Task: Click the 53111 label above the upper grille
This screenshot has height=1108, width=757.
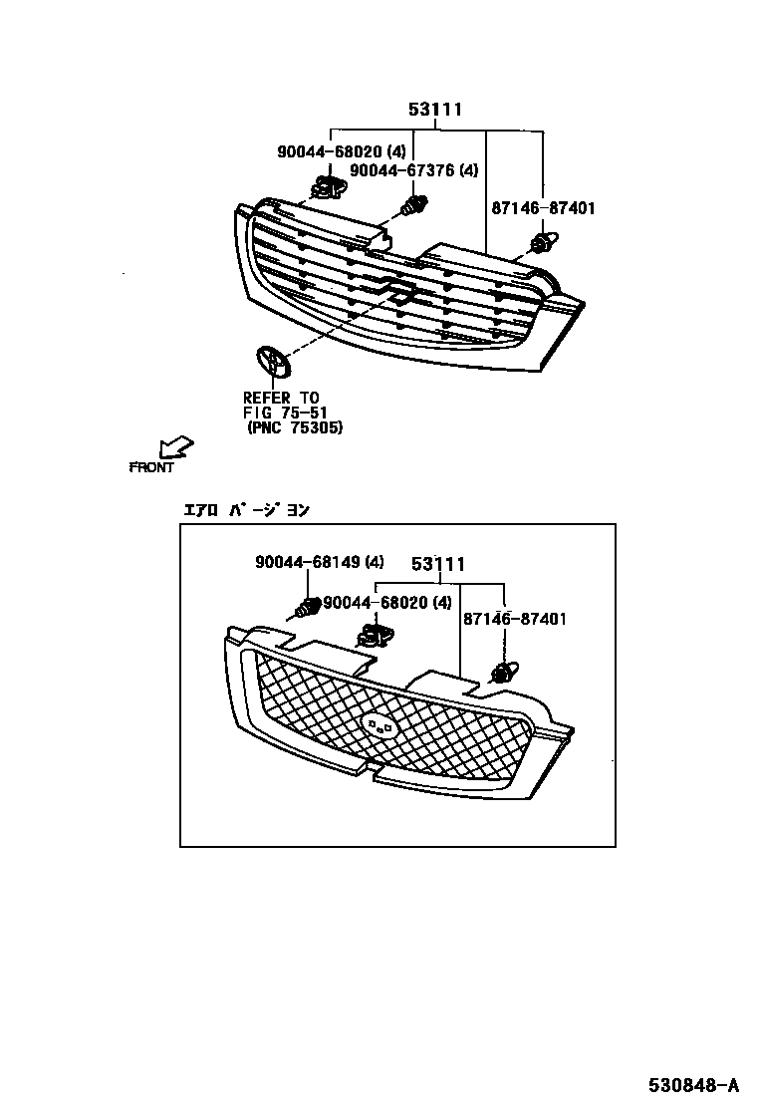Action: [435, 110]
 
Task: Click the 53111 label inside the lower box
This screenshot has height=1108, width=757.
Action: [439, 565]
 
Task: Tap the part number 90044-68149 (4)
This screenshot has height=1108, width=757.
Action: [319, 562]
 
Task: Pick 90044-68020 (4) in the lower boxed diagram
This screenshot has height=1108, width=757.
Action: [387, 602]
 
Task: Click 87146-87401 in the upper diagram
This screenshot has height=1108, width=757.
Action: [543, 208]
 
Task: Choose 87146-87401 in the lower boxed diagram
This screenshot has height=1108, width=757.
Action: [514, 619]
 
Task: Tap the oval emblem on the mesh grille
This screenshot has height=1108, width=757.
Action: [379, 725]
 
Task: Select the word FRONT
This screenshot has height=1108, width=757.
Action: [151, 467]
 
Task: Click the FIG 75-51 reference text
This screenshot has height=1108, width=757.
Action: [285, 413]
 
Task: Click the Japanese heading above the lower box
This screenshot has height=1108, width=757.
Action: [245, 510]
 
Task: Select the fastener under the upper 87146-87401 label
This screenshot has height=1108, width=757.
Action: [545, 243]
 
